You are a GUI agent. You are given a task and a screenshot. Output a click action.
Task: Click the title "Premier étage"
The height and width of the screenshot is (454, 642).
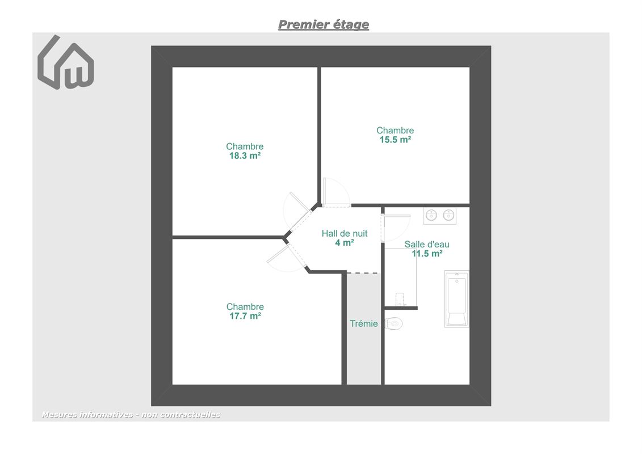pos(324,24)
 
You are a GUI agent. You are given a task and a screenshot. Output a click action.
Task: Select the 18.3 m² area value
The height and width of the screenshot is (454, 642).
pos(245,155)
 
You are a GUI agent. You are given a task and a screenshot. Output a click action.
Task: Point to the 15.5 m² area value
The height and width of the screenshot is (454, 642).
pos(395,140)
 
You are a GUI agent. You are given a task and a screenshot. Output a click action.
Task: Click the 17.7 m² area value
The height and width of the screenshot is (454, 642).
pos(245,316)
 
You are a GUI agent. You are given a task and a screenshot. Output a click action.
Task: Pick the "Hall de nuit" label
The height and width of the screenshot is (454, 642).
pos(345,233)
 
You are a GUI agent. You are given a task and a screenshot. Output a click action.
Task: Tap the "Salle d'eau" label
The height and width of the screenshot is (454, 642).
pos(427,244)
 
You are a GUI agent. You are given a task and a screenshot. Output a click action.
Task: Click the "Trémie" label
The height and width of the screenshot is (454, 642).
pos(364,324)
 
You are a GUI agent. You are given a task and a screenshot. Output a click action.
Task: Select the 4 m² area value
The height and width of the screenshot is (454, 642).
pos(345,243)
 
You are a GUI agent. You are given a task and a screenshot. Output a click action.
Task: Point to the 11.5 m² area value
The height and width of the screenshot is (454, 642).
pos(427,254)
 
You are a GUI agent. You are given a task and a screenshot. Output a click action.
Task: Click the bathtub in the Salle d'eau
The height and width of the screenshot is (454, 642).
pos(456,299)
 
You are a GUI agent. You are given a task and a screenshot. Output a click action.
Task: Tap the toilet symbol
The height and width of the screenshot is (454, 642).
pos(394,323)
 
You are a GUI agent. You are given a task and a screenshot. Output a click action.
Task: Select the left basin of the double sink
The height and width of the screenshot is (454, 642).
pos(431,215)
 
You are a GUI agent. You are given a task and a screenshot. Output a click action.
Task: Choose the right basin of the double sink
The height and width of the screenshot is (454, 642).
pos(449,215)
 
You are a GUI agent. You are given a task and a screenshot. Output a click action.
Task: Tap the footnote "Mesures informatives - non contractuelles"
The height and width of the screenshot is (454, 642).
pos(131,415)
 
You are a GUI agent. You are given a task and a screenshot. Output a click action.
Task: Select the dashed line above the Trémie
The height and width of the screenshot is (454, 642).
pos(364,273)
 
